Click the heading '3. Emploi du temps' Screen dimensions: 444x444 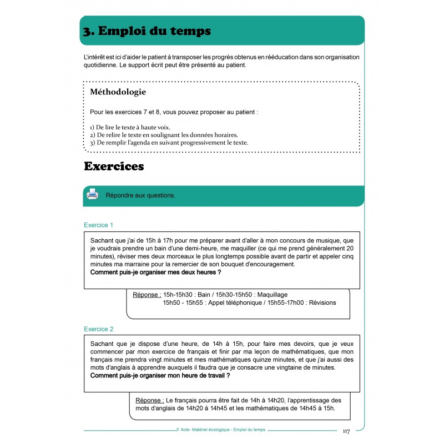tap(147, 31)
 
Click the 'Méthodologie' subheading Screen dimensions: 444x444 tap(118, 92)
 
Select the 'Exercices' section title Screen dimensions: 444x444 tap(114, 166)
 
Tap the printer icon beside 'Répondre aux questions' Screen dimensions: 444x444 tap(93, 195)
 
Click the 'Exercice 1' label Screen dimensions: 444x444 tap(99, 225)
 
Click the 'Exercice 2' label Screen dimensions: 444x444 tap(99, 329)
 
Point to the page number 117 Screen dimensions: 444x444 tap(346, 431)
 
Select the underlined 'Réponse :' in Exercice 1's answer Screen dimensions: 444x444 tap(147, 295)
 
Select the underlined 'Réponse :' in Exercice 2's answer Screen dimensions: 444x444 tap(150, 400)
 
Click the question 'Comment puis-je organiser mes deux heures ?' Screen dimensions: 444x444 tap(155, 273)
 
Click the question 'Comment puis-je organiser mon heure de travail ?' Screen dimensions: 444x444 tap(160, 376)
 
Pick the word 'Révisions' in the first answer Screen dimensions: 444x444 tap(322, 303)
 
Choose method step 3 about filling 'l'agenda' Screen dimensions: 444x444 tap(169, 143)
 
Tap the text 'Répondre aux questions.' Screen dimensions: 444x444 tap(140, 195)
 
